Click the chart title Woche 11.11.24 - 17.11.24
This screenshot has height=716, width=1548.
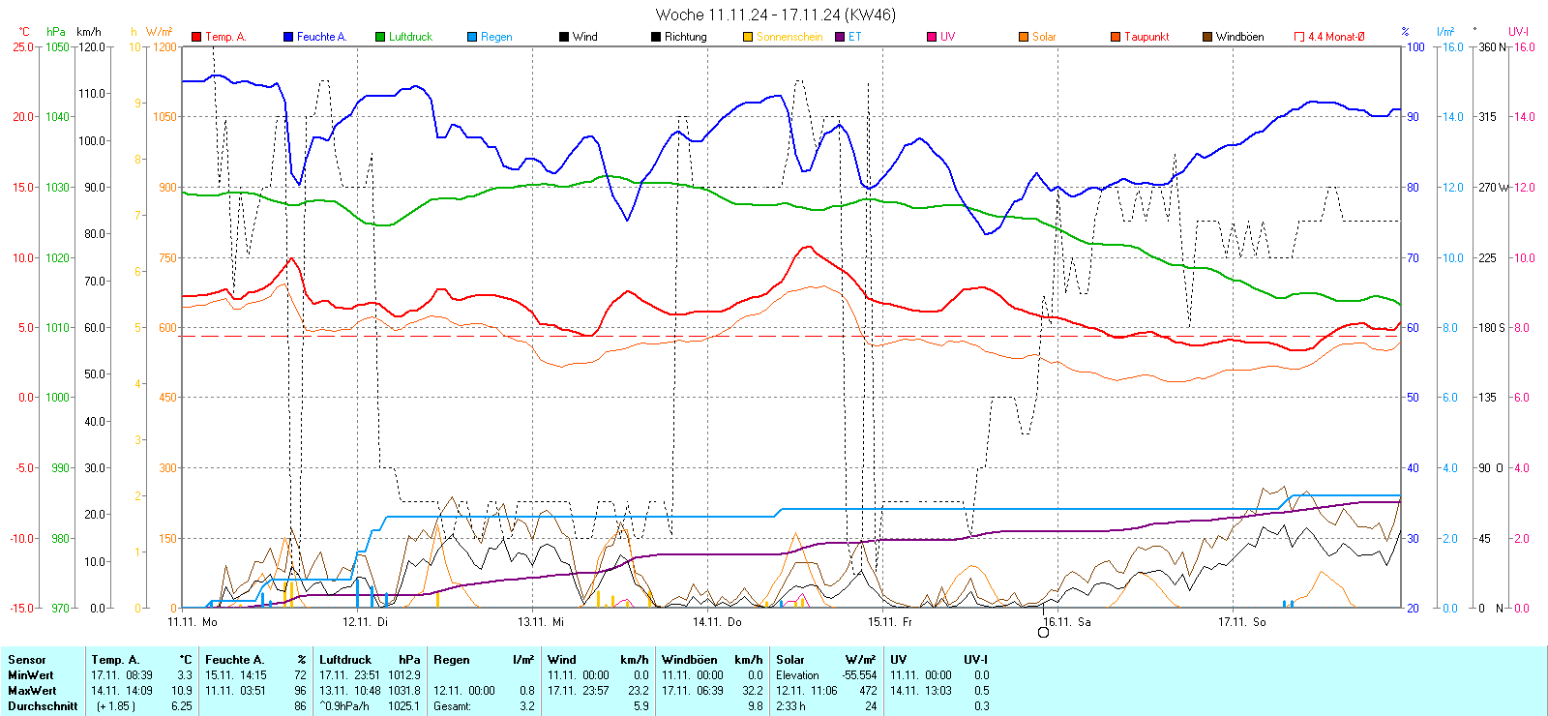pos(775,15)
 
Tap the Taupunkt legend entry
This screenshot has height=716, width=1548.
pos(1146,37)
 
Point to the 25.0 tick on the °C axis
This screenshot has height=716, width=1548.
pos(23,46)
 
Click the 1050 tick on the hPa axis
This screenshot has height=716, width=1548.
pos(58,46)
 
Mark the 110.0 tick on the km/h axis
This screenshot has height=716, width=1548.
pos(92,94)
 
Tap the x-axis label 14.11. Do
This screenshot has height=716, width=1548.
pos(717,622)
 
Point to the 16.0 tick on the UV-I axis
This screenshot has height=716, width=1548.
pos(1525,46)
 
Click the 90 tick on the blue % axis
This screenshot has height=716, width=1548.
pos(1414,117)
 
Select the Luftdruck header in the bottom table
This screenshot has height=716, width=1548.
pos(345,660)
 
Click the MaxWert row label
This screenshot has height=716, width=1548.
pos(32,691)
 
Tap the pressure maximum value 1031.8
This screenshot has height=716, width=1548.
pos(404,691)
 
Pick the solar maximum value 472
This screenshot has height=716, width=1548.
pos(868,691)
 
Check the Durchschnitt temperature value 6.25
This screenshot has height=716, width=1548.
pos(181,706)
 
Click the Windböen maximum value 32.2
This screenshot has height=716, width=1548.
pos(753,691)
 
